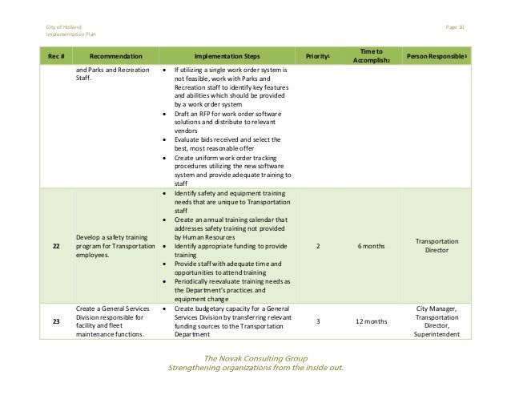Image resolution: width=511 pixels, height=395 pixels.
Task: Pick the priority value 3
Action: point(319,321)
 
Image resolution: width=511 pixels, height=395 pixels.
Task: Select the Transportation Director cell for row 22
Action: point(438,245)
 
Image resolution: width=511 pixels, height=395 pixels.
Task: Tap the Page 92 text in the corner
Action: point(456,28)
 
